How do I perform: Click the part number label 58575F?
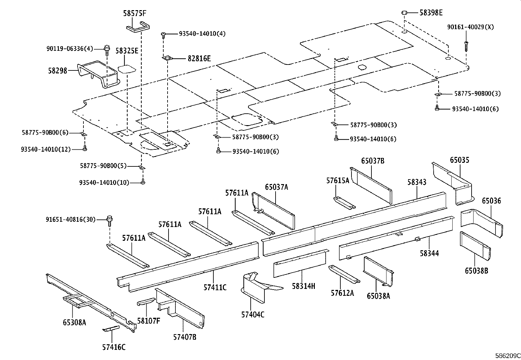pyautogui.click(x=135, y=13)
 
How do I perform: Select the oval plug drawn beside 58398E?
pyautogui.click(x=405, y=13)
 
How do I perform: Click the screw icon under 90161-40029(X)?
pyautogui.click(x=466, y=46)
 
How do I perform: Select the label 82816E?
pyautogui.click(x=199, y=59)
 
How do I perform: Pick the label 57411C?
pyautogui.click(x=215, y=288)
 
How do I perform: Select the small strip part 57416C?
pyautogui.click(x=111, y=329)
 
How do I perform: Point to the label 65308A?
pyautogui.click(x=74, y=322)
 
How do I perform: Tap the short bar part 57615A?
pyautogui.click(x=344, y=203)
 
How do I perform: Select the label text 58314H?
pyautogui.click(x=303, y=286)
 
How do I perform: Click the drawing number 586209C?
pyautogui.click(x=507, y=355)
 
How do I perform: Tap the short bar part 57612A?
pyautogui.click(x=344, y=274)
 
